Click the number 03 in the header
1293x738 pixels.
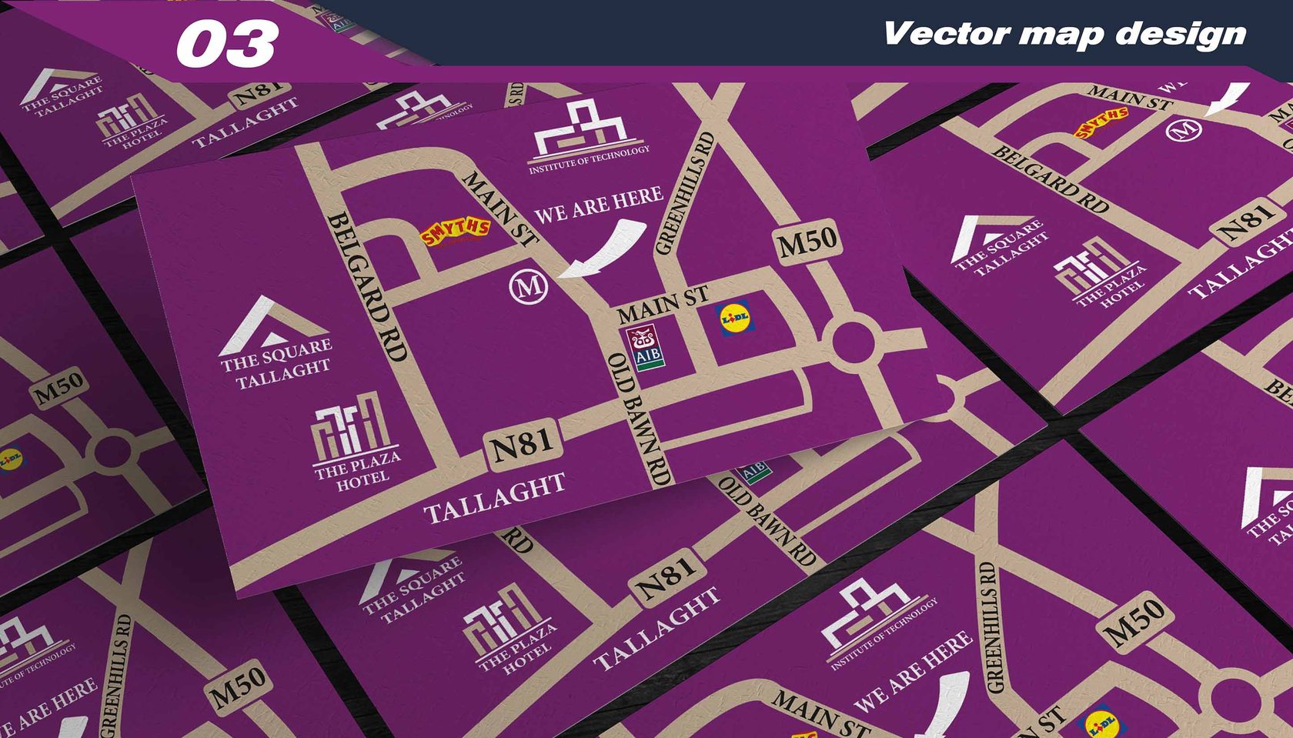(x=227, y=43)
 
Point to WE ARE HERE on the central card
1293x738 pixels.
(x=598, y=205)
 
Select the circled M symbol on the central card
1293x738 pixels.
(x=529, y=287)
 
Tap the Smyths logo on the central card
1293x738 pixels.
(x=455, y=231)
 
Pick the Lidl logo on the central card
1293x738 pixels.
(x=735, y=317)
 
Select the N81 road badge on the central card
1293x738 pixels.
(x=524, y=446)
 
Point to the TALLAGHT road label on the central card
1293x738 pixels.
(x=494, y=499)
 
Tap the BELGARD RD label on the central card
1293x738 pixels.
(x=366, y=287)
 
